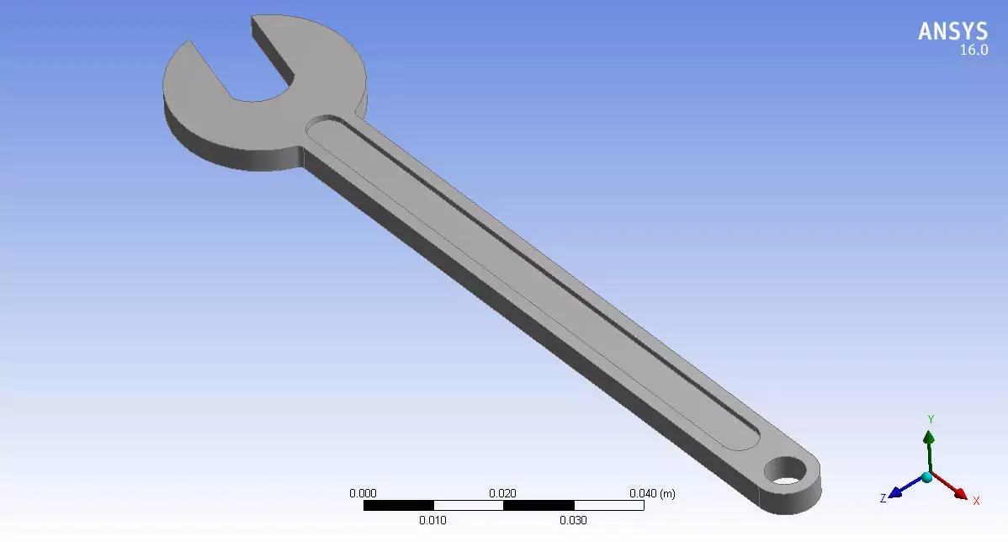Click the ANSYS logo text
[x=952, y=31]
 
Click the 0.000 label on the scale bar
[x=363, y=494]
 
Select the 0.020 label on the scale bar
[x=503, y=494]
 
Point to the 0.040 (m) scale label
[x=652, y=494]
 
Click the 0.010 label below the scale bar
[x=432, y=520]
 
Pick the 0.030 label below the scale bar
[x=573, y=520]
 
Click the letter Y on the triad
[x=931, y=418]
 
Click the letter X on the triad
[x=976, y=501]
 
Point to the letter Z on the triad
[x=883, y=499]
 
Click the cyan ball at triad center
[x=927, y=476]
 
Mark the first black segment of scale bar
[x=398, y=506]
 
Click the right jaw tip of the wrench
[x=255, y=21]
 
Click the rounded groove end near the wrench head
[x=318, y=126]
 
